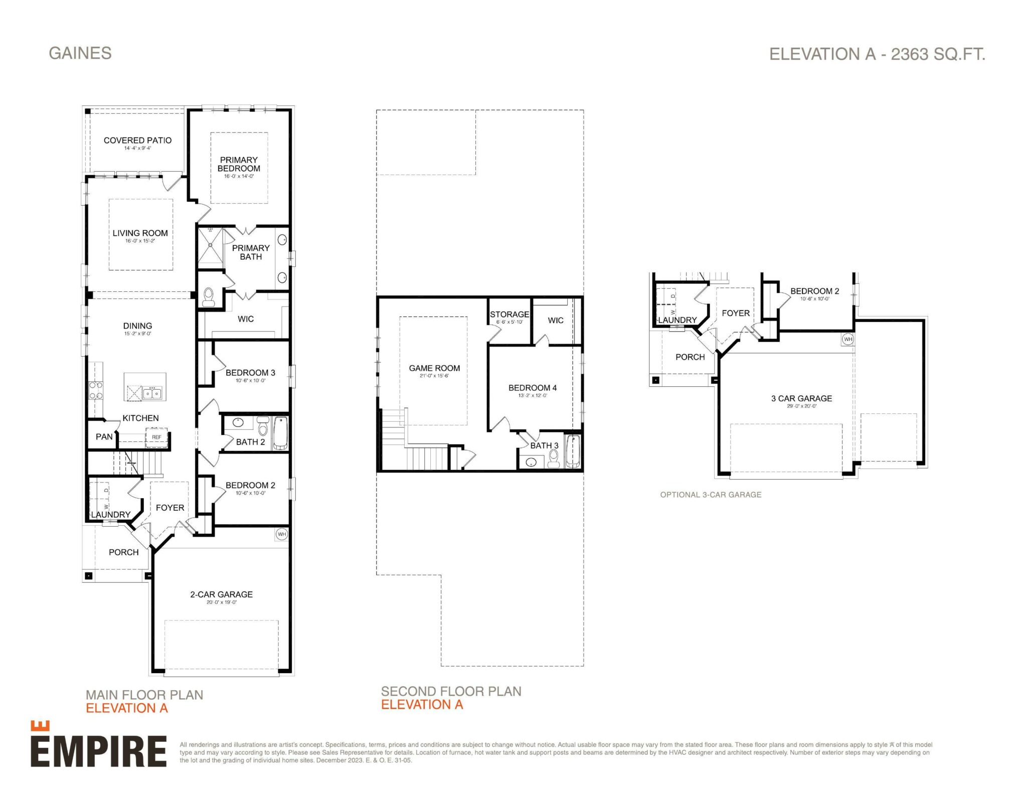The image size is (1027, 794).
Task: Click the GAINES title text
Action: click(x=80, y=53)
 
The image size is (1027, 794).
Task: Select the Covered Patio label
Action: click(x=137, y=140)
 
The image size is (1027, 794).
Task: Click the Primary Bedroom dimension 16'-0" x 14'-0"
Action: click(x=239, y=176)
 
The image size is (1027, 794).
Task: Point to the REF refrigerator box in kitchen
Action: click(x=156, y=437)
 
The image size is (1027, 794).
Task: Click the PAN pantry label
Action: click(x=104, y=437)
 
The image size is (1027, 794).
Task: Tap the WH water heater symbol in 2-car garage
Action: click(x=282, y=534)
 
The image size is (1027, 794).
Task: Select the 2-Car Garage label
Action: click(x=221, y=594)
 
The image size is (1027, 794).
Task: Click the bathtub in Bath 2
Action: click(x=280, y=433)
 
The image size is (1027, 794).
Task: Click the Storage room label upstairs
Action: click(x=509, y=314)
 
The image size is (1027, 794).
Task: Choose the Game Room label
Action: click(x=434, y=368)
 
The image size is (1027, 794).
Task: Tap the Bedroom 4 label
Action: click(x=533, y=388)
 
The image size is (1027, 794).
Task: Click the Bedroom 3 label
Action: click(x=250, y=373)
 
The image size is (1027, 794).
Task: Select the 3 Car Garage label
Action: click(x=801, y=398)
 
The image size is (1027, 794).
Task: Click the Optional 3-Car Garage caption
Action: click(x=711, y=495)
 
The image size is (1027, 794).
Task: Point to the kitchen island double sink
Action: click(x=152, y=393)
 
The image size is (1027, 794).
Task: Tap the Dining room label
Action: click(x=137, y=326)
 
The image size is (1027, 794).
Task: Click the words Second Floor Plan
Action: click(x=451, y=691)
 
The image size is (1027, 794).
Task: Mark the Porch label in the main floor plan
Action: click(x=123, y=552)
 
